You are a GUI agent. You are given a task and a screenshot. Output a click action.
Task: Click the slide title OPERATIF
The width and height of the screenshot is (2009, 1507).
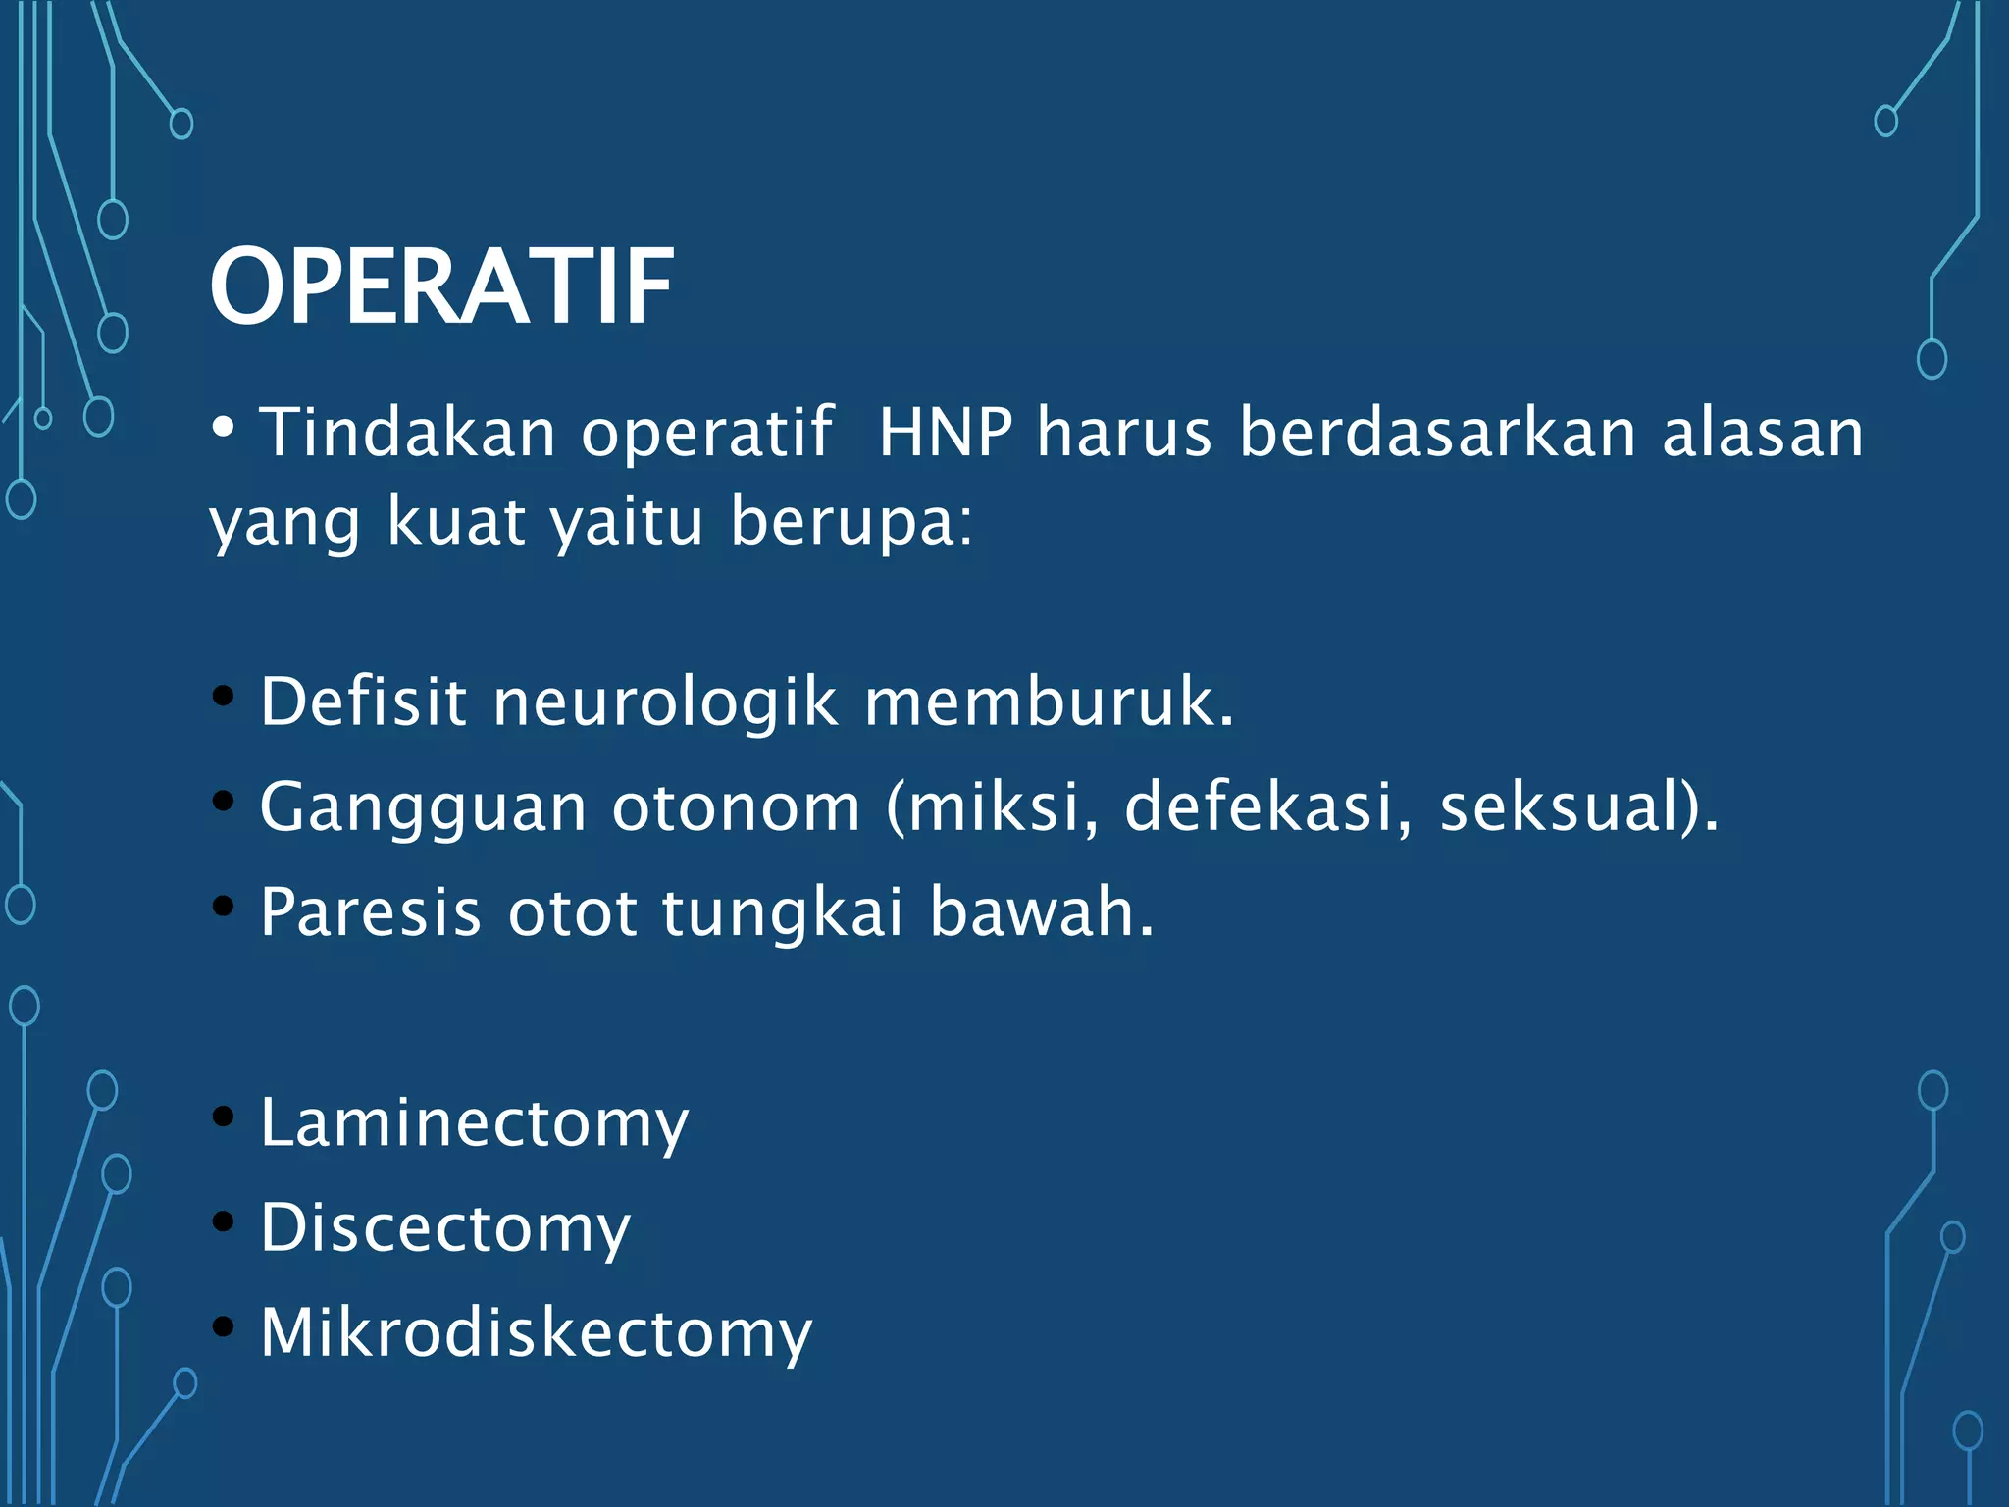tap(441, 286)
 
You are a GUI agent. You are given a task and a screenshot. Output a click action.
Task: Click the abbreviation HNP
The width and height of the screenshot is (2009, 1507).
tap(946, 432)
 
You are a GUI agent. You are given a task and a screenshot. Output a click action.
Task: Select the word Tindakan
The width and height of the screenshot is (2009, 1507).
tap(407, 432)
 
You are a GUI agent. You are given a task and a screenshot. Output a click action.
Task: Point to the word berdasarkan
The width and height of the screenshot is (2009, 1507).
tap(1438, 432)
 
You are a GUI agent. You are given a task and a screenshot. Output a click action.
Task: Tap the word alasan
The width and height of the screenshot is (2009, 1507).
tap(1763, 434)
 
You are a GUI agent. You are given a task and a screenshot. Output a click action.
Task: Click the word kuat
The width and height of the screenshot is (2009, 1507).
tap(456, 520)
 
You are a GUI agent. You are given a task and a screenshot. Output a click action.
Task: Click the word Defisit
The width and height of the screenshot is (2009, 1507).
tap(363, 702)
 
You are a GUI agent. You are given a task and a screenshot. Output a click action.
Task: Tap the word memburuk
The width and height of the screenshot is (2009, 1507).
tap(1048, 702)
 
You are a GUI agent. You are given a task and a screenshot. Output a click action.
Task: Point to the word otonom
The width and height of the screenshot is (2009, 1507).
tap(736, 807)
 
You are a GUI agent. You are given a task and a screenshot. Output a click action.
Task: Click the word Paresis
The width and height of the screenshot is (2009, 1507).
tap(371, 912)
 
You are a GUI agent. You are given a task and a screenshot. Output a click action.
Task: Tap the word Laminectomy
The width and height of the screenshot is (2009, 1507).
tap(475, 1123)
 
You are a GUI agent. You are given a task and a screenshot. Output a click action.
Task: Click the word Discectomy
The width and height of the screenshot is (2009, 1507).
tap(445, 1228)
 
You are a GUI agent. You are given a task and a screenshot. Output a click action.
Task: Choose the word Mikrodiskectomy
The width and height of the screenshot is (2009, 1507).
tap(536, 1333)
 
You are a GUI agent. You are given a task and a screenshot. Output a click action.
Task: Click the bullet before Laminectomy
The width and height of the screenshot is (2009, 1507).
tap(224, 1117)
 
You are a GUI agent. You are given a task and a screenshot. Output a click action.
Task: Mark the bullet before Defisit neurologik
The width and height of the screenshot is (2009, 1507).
tap(224, 697)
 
